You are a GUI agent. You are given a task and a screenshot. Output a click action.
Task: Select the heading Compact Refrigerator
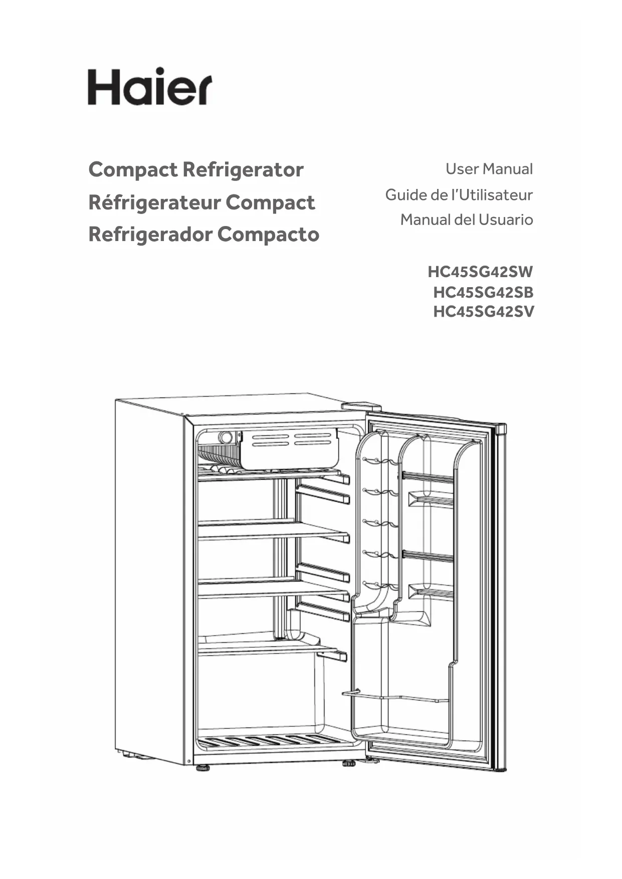point(196,169)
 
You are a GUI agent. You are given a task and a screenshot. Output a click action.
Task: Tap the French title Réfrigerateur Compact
point(201,202)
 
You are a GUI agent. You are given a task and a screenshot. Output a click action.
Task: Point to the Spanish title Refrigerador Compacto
point(203,234)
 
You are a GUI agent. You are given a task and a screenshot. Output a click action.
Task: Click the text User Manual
point(489,169)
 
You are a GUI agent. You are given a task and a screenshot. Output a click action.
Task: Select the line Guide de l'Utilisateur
point(459,194)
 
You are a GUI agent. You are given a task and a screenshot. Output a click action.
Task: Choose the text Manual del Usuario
point(466,219)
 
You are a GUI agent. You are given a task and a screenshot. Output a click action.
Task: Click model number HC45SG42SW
point(480,272)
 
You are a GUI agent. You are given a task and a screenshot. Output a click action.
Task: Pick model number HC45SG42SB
point(483,292)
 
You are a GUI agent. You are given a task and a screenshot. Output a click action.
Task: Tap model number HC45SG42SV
point(483,311)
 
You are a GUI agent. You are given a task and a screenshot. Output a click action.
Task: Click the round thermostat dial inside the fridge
point(226,437)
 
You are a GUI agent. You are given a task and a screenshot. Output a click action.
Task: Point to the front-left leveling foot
point(202,767)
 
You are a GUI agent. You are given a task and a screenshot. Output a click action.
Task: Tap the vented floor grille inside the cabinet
point(271,741)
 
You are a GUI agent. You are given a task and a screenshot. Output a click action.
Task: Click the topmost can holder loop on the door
point(379,460)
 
